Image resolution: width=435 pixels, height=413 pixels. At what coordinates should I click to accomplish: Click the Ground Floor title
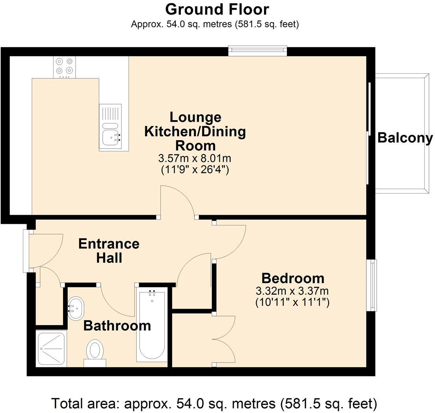tap(217, 9)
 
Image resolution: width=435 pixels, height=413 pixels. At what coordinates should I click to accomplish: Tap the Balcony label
tap(405, 138)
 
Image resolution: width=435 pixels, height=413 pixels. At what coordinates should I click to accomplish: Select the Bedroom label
tap(293, 278)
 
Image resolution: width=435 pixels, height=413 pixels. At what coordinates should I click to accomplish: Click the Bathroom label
tap(117, 326)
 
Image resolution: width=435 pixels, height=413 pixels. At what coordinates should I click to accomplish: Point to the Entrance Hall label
tap(109, 251)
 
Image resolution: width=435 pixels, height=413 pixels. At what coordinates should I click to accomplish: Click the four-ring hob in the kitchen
tap(64, 67)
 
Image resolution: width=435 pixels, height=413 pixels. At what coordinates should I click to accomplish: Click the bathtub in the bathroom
tap(152, 325)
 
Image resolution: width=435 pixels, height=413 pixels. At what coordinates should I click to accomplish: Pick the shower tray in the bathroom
tap(51, 349)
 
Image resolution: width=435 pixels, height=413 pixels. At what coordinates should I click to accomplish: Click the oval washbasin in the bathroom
tap(76, 308)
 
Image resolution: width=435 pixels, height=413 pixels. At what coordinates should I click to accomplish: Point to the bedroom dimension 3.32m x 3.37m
tap(292, 291)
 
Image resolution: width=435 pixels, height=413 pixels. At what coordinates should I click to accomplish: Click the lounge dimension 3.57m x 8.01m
tap(195, 158)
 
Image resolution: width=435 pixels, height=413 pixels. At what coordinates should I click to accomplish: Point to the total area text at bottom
tap(214, 403)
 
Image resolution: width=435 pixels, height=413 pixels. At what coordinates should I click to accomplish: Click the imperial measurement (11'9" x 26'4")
tap(195, 169)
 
